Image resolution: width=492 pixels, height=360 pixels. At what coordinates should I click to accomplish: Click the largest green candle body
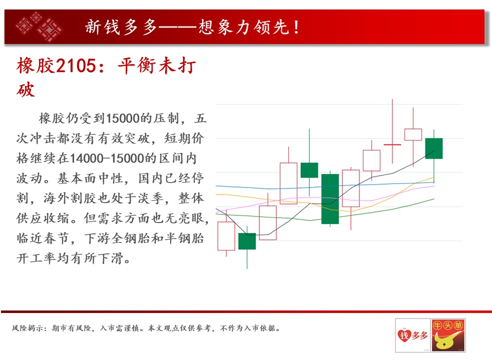pos(330,199)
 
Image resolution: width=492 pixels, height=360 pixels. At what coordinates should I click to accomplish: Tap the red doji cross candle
pos(392,144)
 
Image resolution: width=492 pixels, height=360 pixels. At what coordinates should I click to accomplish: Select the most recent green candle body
pos(434,148)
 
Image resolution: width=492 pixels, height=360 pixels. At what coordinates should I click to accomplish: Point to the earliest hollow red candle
pos(226,236)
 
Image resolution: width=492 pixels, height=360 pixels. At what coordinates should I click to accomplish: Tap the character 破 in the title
pos(26,90)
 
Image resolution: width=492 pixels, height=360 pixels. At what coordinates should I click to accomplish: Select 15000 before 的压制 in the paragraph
pos(123,118)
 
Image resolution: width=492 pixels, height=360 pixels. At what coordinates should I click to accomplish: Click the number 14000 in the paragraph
pos(86,158)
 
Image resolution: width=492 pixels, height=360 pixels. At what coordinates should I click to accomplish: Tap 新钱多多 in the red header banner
pos(121,27)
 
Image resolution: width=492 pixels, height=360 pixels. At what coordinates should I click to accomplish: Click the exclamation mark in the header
pos(296,27)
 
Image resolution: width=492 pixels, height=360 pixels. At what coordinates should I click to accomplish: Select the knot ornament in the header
pos(39,27)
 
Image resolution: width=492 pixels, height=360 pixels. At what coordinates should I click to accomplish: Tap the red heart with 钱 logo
pos(404,335)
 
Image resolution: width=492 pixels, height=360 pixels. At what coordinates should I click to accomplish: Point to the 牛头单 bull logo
pos(448,335)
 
